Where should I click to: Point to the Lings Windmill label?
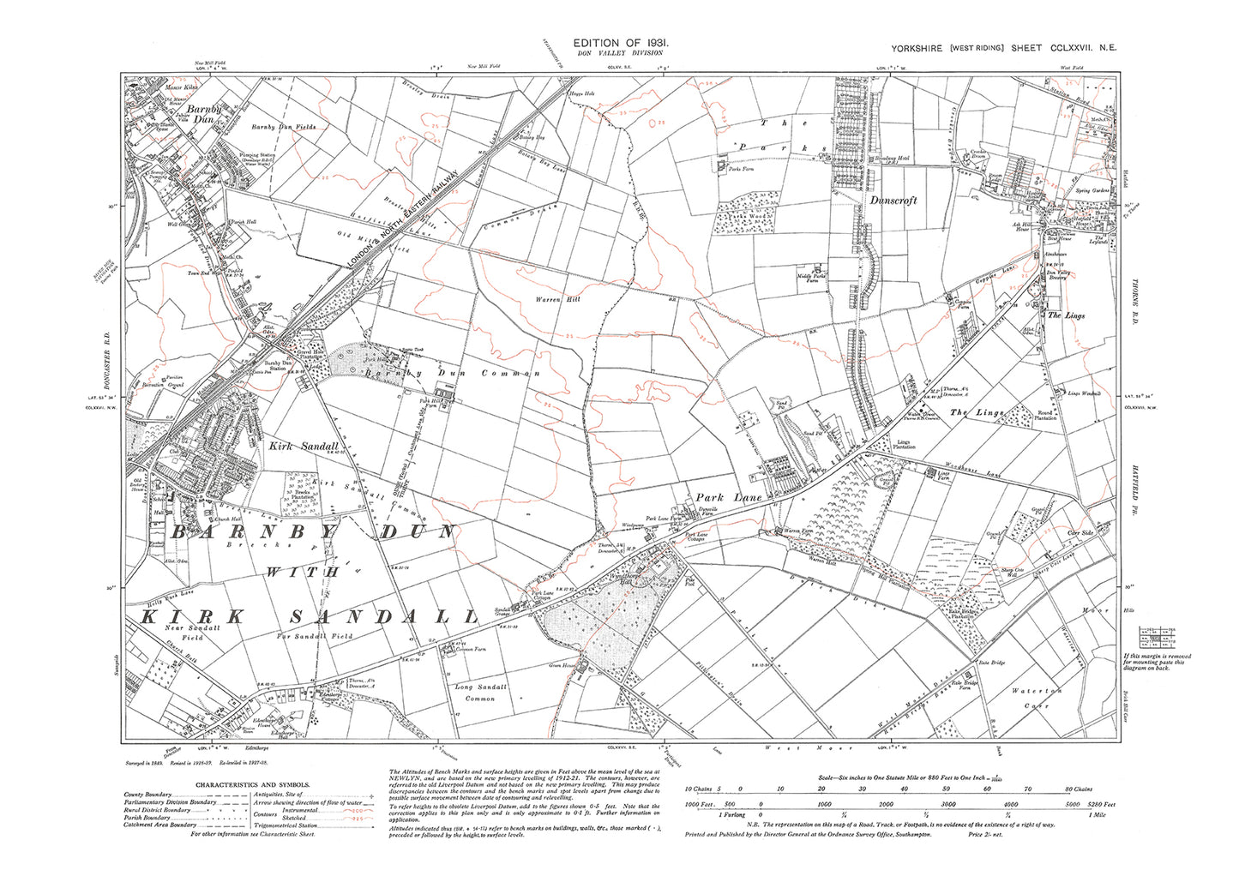point(1083,393)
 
